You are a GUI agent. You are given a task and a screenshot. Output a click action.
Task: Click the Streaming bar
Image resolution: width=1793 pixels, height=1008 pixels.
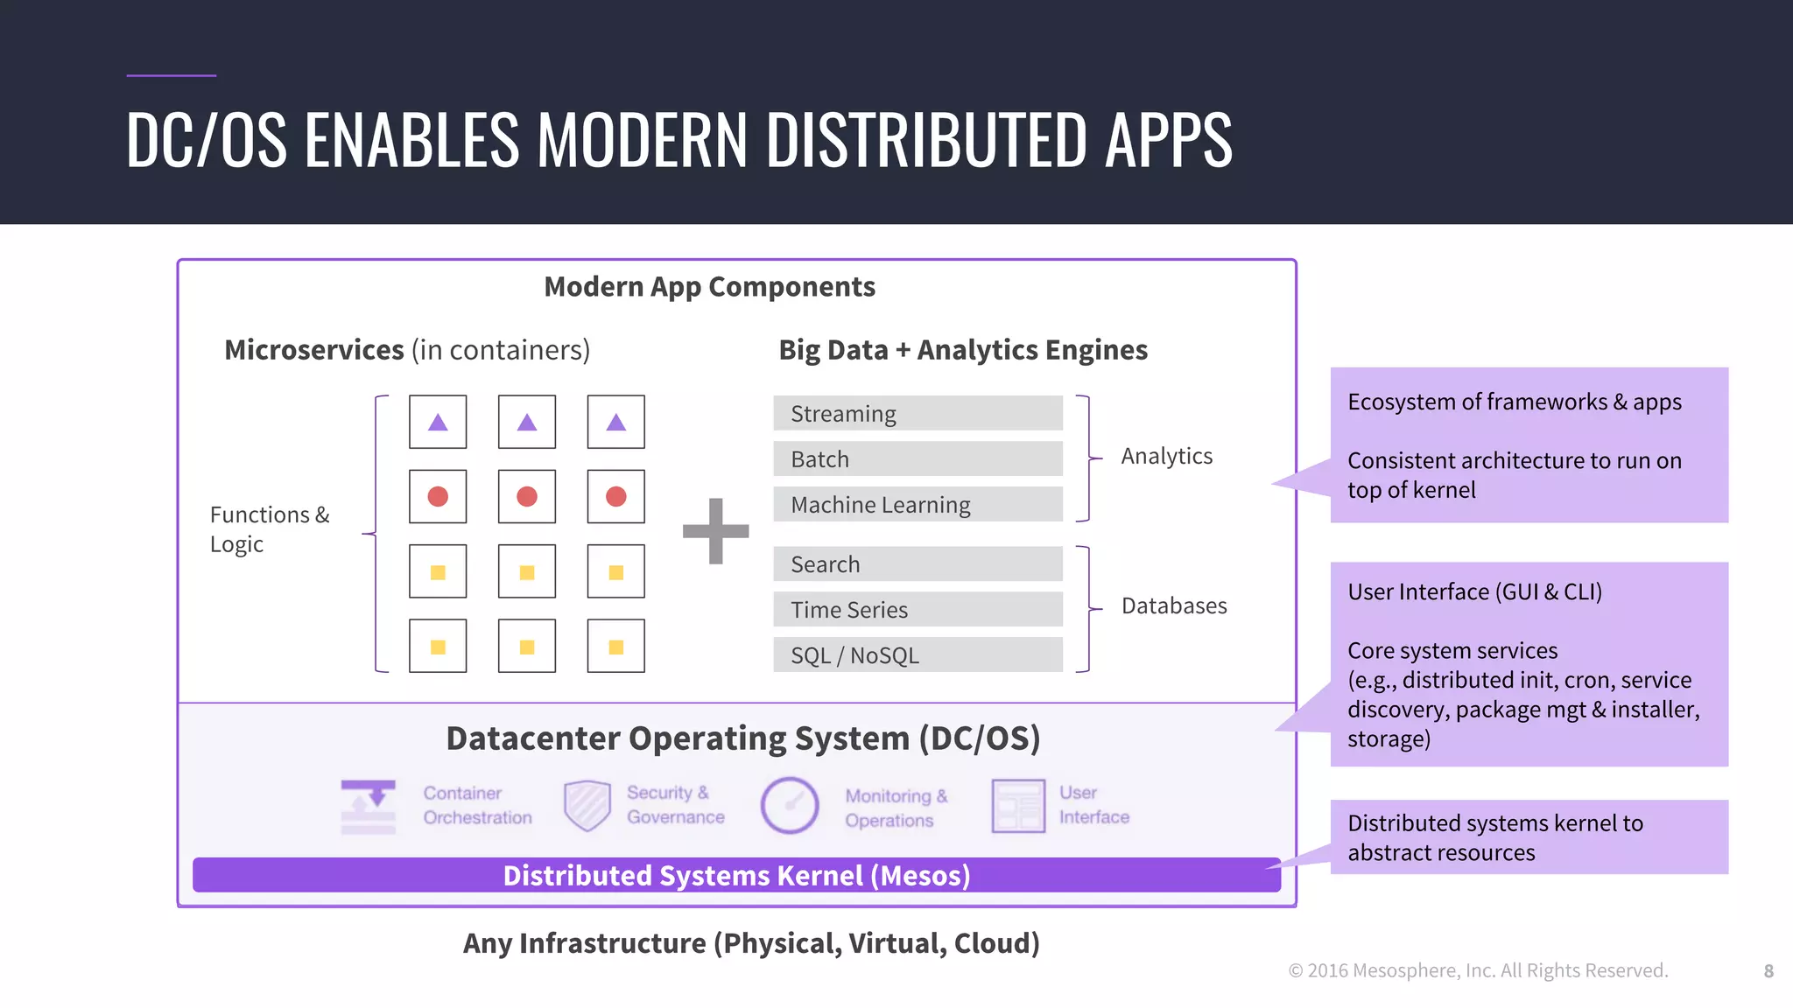point(918,413)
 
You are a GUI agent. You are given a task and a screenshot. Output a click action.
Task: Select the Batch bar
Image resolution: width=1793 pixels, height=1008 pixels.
point(918,458)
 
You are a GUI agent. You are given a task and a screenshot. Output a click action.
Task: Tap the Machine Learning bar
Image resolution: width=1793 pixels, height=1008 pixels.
point(918,504)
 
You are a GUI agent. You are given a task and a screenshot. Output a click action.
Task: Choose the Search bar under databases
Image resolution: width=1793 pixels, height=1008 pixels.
point(918,563)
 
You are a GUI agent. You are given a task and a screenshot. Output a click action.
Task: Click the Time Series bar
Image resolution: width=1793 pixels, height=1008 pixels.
point(918,609)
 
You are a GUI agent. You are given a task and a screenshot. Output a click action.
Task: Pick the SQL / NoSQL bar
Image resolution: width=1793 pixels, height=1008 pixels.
point(918,654)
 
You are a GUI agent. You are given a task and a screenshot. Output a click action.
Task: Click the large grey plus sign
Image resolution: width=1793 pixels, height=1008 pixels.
point(715,531)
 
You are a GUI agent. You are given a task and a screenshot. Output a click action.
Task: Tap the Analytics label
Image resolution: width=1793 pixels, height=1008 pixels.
point(1166,456)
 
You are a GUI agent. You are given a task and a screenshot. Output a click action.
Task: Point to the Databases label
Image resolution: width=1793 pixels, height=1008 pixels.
point(1173,605)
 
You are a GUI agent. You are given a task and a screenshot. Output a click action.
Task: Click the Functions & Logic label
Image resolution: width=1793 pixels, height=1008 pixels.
point(269,528)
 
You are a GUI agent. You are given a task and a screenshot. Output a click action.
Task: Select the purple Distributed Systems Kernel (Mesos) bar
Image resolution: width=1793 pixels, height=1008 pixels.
point(736,875)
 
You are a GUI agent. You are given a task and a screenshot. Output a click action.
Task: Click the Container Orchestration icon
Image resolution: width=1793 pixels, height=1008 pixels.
point(368,806)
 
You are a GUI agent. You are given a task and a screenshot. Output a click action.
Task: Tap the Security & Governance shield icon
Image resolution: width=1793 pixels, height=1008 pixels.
point(587,805)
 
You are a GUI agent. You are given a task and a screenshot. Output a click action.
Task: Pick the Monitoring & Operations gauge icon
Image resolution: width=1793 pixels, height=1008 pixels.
point(789,805)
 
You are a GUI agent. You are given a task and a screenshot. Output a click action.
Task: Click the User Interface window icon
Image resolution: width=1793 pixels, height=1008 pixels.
point(1018,805)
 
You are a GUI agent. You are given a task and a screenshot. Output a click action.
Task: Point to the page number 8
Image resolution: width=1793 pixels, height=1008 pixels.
point(1768,970)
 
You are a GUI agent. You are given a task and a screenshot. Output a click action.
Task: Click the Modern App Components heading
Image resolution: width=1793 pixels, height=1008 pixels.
point(709,287)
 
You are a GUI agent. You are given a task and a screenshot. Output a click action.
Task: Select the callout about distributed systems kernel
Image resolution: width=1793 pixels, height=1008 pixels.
point(1529,837)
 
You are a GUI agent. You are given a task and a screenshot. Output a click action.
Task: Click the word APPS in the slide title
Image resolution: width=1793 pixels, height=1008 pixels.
point(1168,140)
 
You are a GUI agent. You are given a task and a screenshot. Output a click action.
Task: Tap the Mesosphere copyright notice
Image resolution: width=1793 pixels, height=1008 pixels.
point(1478,970)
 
